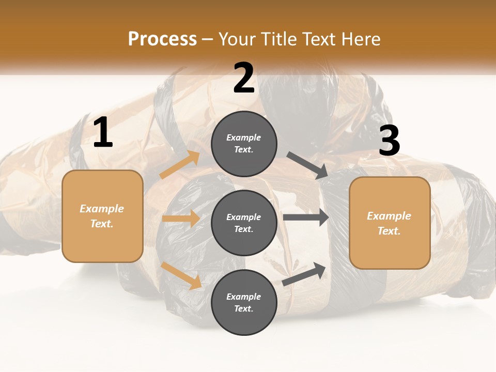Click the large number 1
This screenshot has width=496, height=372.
click(103, 133)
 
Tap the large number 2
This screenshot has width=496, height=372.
click(244, 78)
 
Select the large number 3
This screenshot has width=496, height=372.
click(389, 141)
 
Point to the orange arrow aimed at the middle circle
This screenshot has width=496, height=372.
click(181, 219)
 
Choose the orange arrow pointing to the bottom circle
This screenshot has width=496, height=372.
click(181, 275)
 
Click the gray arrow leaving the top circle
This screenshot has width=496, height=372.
click(307, 165)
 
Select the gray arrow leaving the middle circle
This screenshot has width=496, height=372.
click(306, 218)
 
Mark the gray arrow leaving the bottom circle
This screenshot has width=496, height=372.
click(304, 274)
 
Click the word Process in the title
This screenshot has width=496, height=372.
click(162, 39)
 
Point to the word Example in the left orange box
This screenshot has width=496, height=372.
click(102, 209)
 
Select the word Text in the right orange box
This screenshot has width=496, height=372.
click(389, 231)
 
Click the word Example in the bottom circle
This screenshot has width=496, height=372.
click(244, 297)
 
